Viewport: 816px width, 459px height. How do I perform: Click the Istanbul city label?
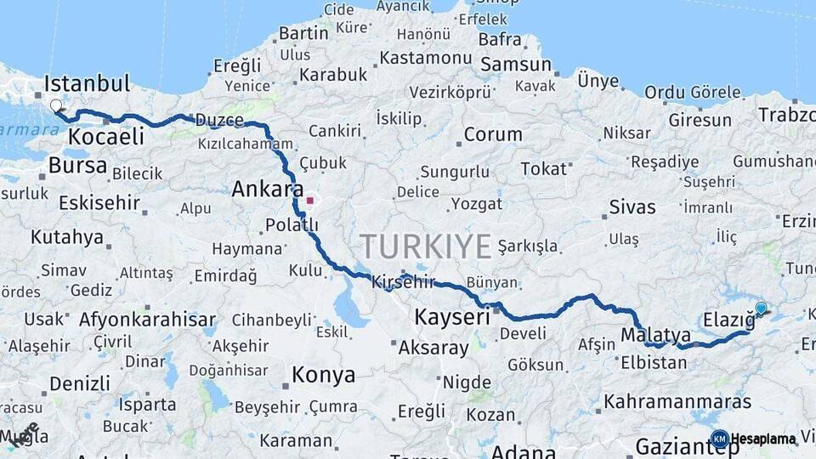87,83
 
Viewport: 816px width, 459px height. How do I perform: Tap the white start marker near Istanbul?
56,106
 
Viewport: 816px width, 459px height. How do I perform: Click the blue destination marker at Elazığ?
761,309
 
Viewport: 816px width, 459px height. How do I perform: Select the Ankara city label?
267,189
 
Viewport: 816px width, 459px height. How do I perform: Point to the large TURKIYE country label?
425,246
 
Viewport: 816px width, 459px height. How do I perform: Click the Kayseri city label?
452,317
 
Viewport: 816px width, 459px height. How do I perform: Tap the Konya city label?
323,374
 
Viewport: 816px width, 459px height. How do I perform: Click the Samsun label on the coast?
516,65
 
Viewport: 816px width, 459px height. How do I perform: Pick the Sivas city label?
632,207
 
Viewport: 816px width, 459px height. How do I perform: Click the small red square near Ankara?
310,201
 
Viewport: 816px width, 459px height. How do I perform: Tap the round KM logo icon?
719,439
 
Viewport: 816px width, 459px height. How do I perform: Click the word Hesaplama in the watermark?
763,439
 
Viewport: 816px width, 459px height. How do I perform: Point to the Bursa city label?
77,165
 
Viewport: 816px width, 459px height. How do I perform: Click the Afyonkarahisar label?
147,320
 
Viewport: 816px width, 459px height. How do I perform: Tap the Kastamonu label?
424,58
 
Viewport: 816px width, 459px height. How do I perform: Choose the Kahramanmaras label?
677,401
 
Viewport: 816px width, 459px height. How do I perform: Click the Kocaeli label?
107,137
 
